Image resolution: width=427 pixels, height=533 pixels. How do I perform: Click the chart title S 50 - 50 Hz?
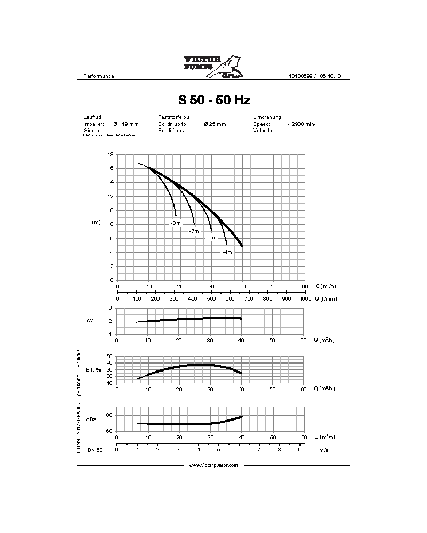(214, 100)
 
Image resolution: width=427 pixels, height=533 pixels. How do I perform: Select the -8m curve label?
(176, 223)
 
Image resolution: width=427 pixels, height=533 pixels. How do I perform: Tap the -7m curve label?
(194, 231)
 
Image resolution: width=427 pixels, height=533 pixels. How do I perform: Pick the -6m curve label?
(212, 238)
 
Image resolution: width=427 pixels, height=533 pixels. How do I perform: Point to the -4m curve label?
(228, 252)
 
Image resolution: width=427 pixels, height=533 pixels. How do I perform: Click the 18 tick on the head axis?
(110, 154)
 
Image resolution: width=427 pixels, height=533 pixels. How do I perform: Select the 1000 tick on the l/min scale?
(305, 299)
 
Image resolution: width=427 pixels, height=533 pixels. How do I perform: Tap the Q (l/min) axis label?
(326, 299)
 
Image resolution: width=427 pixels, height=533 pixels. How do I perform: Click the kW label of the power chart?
(89, 321)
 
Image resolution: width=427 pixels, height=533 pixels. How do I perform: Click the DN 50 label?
(95, 450)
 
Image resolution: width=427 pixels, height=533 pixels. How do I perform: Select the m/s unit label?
(323, 450)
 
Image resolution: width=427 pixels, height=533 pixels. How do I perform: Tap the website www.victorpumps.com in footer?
(213, 465)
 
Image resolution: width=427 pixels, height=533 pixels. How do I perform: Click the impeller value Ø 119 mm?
(126, 124)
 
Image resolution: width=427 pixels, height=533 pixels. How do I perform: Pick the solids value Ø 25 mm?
(215, 124)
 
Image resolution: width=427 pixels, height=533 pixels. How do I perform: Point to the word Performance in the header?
(99, 76)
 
